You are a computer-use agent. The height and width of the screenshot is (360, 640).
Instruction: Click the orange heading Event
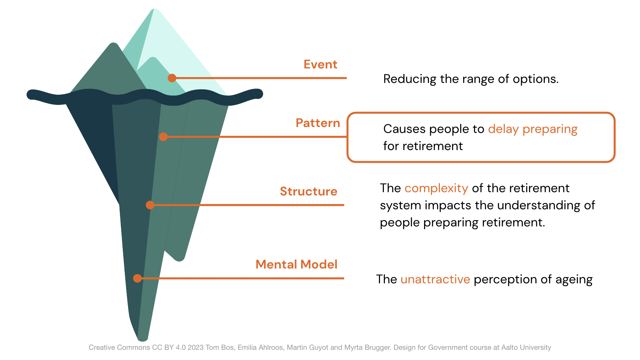pos(320,64)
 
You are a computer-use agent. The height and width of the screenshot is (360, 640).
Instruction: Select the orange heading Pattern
pos(318,123)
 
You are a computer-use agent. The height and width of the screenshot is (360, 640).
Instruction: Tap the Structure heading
pos(308,192)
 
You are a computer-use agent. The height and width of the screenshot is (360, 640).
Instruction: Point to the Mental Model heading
pos(296,265)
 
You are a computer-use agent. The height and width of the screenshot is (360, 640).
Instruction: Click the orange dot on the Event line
pos(172,78)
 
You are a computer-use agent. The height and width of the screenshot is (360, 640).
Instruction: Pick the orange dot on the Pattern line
pos(163,137)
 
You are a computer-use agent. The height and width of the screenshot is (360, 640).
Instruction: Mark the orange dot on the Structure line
pos(150,205)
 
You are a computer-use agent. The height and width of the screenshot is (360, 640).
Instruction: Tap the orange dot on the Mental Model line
pos(138,278)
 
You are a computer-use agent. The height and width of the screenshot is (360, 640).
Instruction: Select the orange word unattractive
pos(435,279)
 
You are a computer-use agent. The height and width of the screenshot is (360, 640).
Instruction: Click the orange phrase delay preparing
pos(533,129)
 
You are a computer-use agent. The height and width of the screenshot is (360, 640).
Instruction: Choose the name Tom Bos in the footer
pos(220,347)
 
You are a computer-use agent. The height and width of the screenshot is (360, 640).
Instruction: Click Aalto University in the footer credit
pos(526,347)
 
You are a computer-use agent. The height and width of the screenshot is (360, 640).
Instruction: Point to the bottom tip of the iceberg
pos(143,340)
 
